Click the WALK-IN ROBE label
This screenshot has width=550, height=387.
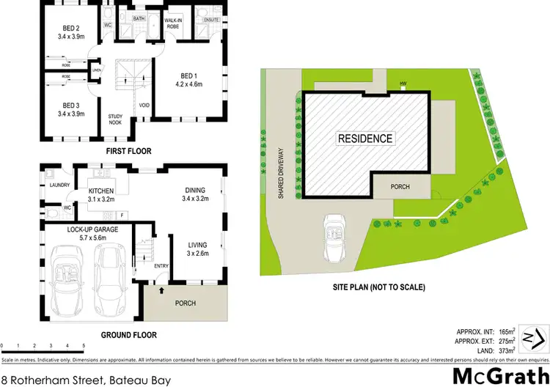(172, 22)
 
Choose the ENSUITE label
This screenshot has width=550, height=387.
(213, 19)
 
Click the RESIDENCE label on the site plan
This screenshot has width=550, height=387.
(365, 138)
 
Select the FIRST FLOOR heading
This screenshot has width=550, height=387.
(128, 151)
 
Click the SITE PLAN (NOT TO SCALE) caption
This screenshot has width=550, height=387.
(378, 287)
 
